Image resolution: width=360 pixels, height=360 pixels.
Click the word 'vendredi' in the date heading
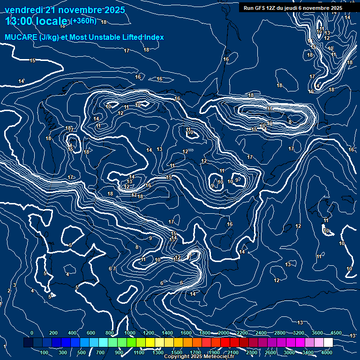(x=23, y=10)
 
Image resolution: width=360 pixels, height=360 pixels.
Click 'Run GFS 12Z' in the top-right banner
(x=260, y=8)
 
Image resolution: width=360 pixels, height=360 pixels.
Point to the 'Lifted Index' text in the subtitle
(x=143, y=37)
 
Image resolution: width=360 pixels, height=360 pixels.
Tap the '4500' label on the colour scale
(x=336, y=333)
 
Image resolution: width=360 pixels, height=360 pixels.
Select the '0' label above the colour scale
(x=32, y=333)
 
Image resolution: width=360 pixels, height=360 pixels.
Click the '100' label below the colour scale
(x=45, y=352)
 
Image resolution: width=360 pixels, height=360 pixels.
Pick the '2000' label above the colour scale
(x=223, y=333)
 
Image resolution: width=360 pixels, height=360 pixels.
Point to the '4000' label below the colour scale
(x=327, y=352)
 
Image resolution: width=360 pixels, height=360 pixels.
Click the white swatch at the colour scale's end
(x=328, y=343)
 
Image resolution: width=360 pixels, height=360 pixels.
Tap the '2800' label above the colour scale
(x=279, y=333)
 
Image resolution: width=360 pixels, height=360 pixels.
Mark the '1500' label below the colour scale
(x=177, y=352)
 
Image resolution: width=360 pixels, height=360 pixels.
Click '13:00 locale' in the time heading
(x=36, y=21)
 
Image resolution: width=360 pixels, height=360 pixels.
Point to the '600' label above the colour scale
(x=91, y=333)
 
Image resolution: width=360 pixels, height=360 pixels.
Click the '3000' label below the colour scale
(x=289, y=352)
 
